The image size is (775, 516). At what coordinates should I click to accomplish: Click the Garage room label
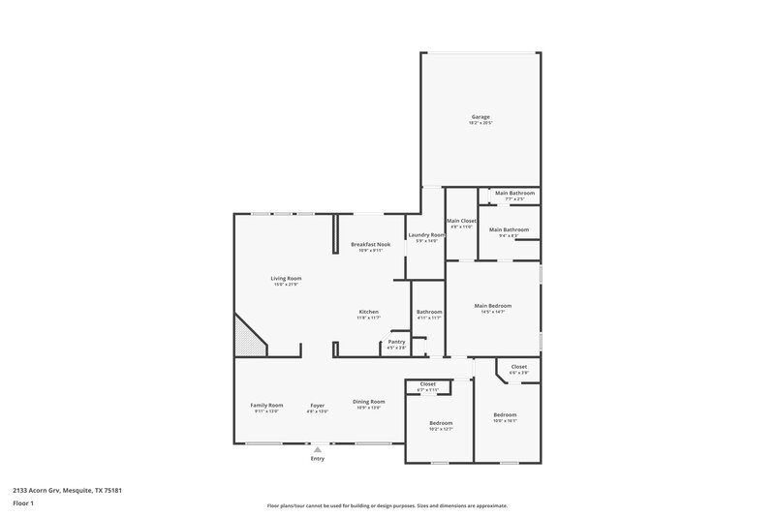click(480, 117)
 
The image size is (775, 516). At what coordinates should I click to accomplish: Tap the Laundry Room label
click(426, 235)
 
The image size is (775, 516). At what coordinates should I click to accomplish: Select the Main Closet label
click(459, 222)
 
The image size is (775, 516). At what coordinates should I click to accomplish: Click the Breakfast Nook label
click(370, 245)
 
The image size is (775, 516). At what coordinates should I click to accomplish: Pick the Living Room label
click(286, 279)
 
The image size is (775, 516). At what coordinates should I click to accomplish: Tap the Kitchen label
click(367, 312)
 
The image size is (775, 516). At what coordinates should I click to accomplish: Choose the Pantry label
click(396, 342)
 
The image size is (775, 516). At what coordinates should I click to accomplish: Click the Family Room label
click(266, 405)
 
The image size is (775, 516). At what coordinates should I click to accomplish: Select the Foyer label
click(318, 405)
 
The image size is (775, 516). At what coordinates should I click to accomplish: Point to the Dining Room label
click(368, 402)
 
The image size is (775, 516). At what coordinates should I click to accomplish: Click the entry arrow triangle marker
click(317, 448)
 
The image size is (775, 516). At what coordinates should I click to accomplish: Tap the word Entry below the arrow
click(317, 458)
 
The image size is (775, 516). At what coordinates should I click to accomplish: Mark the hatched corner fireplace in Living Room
click(248, 338)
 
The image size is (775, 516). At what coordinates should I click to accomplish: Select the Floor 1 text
click(23, 504)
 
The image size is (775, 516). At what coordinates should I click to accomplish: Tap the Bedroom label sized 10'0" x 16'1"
click(505, 418)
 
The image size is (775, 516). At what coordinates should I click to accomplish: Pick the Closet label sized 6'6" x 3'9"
click(518, 368)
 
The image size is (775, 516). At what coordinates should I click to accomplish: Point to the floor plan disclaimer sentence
click(387, 505)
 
